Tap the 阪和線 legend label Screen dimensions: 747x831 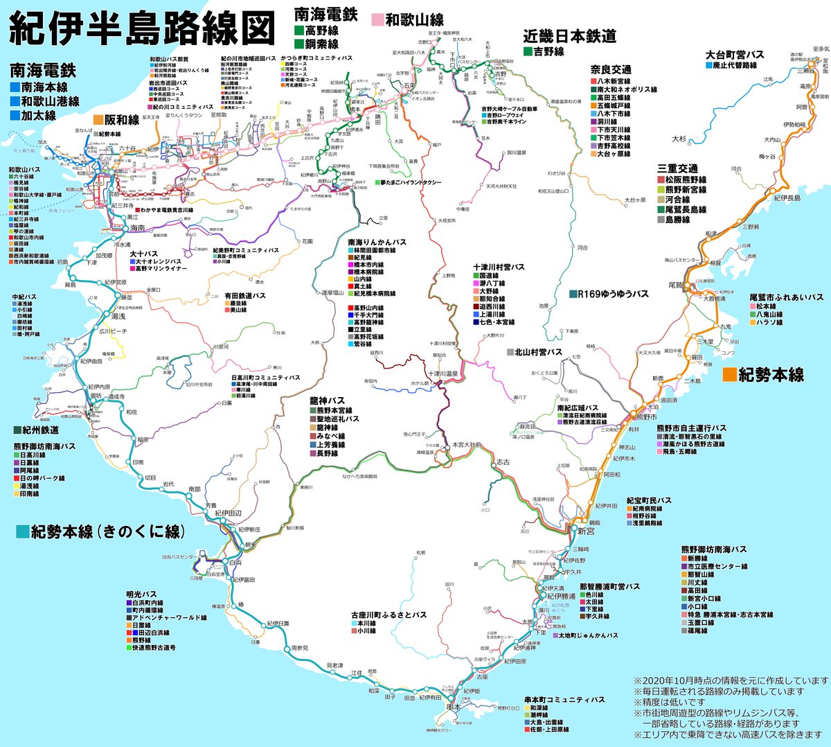122,120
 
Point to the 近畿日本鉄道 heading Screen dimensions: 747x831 569,37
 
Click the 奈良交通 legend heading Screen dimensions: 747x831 610,69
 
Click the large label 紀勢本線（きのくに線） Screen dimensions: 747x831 107,531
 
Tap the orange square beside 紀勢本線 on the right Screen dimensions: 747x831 729,375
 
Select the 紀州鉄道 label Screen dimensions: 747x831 40,430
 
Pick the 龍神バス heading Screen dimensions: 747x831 327,401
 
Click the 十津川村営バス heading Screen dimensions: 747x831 499,267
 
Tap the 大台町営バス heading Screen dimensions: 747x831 735,55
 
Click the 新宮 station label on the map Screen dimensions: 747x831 585,531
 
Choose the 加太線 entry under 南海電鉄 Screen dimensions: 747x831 39,116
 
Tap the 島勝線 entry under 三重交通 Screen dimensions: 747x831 677,219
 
